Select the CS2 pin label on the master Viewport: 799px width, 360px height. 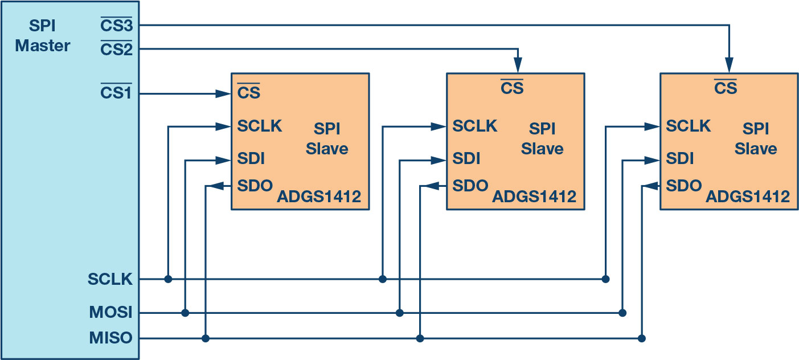tap(116, 50)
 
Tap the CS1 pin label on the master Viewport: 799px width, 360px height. tap(116, 92)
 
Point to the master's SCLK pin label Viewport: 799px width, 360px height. tap(110, 279)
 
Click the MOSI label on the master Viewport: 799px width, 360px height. tap(110, 312)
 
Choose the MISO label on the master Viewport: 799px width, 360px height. tap(110, 338)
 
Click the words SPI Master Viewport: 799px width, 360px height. tap(43, 36)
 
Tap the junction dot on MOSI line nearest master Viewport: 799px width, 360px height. tap(185, 313)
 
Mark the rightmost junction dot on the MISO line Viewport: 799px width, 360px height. tap(642, 338)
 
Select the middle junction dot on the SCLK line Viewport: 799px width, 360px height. tap(383, 279)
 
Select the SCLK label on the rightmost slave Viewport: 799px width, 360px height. tap(689, 126)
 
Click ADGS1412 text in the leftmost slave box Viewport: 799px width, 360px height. tap(319, 197)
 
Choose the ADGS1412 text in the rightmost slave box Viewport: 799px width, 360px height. tap(748, 197)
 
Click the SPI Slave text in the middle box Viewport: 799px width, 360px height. tap(542, 138)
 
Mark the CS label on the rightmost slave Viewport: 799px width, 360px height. tap(725, 88)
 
